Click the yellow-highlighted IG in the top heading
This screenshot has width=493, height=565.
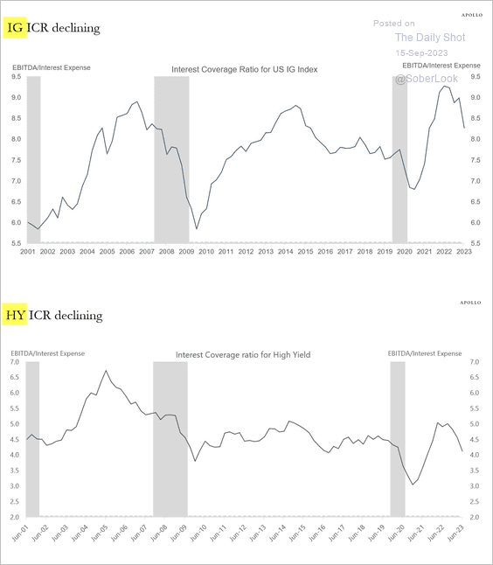tap(15, 28)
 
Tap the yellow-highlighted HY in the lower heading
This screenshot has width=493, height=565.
tap(15, 315)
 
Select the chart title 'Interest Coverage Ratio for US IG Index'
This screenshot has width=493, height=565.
tap(245, 70)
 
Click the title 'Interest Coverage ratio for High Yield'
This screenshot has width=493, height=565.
tap(243, 355)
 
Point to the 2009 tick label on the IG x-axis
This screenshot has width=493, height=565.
tap(186, 252)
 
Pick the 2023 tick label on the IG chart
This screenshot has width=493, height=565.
tap(464, 252)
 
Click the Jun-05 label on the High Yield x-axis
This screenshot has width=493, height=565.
tap(99, 533)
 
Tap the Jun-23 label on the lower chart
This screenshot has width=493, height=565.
tap(455, 533)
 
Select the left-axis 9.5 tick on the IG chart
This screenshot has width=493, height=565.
tap(16, 77)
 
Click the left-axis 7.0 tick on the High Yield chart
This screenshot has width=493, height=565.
tap(14, 362)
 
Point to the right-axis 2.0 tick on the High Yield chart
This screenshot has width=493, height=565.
tap(475, 518)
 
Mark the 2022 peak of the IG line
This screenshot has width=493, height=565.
tap(445, 86)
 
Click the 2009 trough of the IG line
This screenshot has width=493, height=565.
tap(197, 229)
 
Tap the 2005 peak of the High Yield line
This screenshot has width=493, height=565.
tap(106, 371)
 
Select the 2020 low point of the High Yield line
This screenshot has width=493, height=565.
tap(413, 485)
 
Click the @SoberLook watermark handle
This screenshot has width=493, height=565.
tap(427, 79)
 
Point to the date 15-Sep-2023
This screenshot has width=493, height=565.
tap(421, 53)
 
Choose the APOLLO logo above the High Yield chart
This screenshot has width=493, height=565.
tap(470, 303)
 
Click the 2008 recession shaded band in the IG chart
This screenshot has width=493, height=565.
tap(172, 159)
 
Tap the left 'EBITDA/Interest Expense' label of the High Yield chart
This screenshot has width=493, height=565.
tap(47, 353)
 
